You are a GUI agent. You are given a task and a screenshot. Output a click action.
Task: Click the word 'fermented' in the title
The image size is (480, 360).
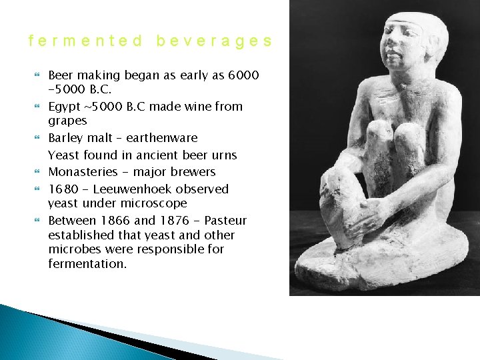click(86, 41)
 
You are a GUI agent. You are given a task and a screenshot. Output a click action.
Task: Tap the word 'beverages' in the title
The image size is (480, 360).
click(214, 41)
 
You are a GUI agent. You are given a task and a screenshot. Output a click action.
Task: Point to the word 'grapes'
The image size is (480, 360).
click(67, 121)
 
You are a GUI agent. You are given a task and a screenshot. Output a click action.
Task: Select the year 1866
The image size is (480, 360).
click(117, 221)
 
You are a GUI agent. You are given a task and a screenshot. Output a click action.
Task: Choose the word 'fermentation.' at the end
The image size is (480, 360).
click(87, 264)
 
